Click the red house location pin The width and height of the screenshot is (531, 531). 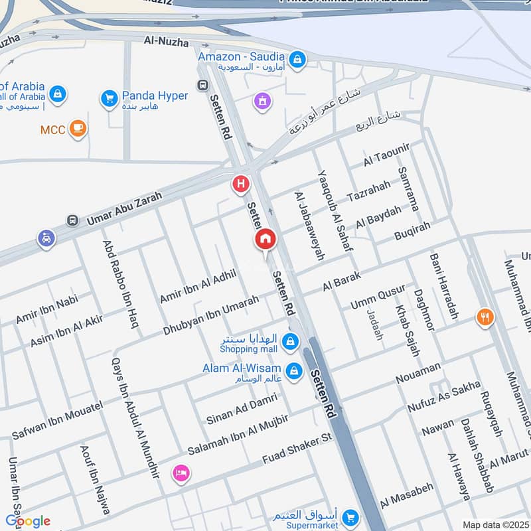click(265, 240)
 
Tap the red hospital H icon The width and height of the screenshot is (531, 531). click(240, 184)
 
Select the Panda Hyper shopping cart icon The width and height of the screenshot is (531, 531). click(109, 99)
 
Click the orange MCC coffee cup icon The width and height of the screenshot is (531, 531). click(78, 128)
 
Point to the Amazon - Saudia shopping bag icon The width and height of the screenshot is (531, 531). click(298, 59)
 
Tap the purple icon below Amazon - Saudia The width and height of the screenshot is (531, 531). click(262, 101)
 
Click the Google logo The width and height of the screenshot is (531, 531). click(28, 521)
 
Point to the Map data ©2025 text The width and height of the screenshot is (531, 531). click(494, 525)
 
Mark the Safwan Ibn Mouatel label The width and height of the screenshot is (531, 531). click(57, 421)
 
